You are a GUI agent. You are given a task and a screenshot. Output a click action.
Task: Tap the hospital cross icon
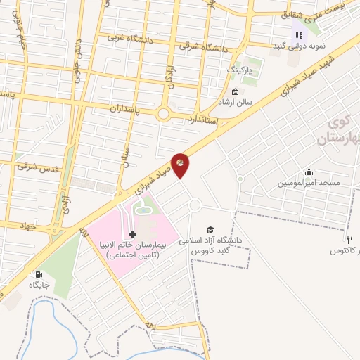pos(132,233)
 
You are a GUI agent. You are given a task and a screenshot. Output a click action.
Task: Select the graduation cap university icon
pos(210,229)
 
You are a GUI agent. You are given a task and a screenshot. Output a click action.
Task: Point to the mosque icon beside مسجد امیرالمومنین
pos(308,172)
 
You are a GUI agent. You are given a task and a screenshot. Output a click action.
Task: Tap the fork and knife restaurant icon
pos(349,240)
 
